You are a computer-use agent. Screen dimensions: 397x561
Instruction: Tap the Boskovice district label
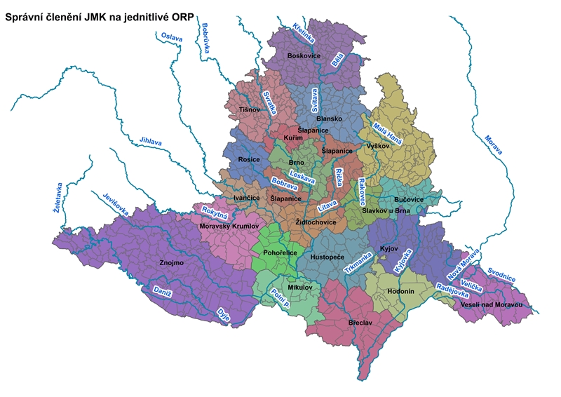pos(305,55)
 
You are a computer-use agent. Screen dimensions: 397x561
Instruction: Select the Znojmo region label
pos(172,263)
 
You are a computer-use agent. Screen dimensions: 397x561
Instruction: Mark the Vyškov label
pos(377,145)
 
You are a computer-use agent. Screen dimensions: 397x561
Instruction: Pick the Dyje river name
pos(224,313)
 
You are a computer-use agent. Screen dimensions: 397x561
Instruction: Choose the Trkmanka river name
pos(358,262)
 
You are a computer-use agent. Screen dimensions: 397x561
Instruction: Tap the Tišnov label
pos(250,109)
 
